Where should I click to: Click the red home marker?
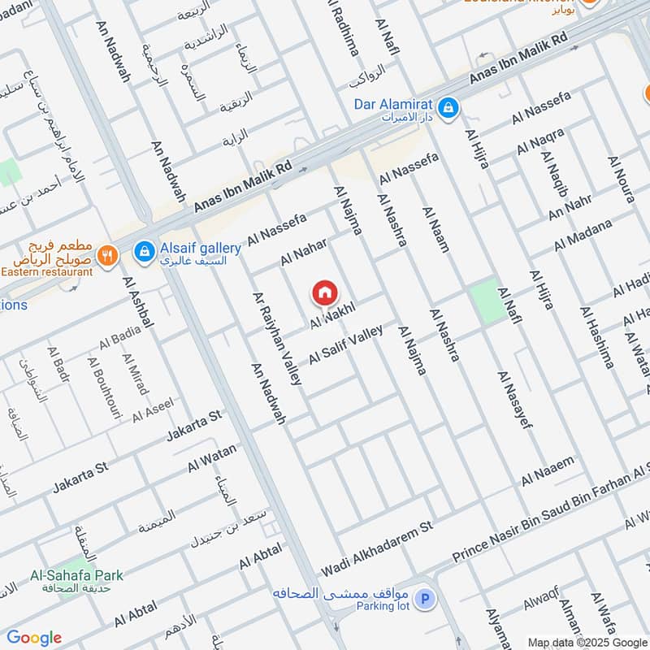(x=323, y=292)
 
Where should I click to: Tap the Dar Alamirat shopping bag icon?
(x=447, y=106)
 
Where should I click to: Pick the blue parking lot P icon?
(x=423, y=600)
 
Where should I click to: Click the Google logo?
(x=34, y=638)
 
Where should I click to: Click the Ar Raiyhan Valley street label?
(x=277, y=338)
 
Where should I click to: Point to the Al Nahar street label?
(x=304, y=251)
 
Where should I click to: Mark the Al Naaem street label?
(x=548, y=470)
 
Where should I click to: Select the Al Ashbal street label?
(x=138, y=303)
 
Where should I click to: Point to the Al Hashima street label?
(x=596, y=337)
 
